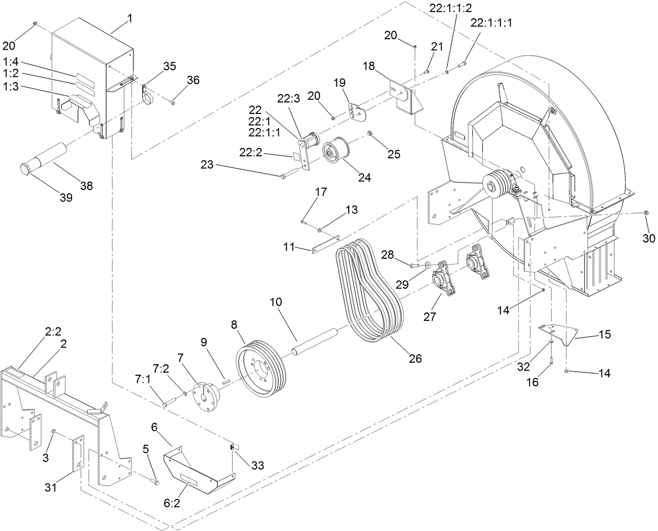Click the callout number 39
pos(66,198)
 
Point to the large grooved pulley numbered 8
pos(260,370)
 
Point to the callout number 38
pos(86,185)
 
